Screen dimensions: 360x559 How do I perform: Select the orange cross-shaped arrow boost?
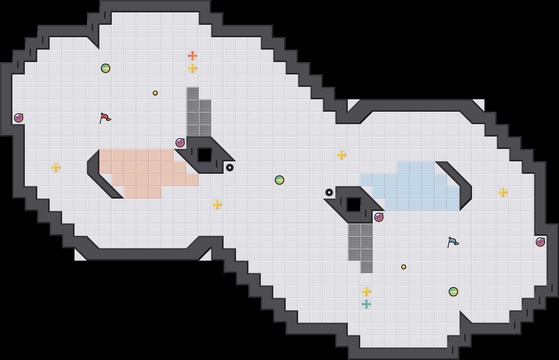click(193, 56)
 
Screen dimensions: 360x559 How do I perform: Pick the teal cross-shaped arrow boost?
click(366, 304)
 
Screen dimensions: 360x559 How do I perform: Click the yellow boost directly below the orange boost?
click(193, 68)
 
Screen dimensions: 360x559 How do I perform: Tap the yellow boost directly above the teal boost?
click(366, 292)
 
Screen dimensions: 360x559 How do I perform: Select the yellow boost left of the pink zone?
click(56, 168)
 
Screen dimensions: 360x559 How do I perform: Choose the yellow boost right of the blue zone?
click(503, 192)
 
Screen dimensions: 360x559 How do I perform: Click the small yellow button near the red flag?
click(155, 93)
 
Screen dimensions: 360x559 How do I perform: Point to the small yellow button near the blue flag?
click(404, 267)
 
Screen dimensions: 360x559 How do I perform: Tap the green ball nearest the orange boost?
click(106, 68)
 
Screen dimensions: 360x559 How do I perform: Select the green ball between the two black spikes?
click(279, 180)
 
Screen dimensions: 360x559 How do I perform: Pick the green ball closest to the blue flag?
click(453, 292)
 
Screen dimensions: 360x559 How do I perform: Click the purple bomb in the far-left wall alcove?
click(19, 118)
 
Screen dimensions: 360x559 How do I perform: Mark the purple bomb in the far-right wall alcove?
click(540, 242)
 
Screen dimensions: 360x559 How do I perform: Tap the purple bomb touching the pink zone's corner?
click(180, 143)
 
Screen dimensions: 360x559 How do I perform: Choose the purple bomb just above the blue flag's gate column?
click(379, 217)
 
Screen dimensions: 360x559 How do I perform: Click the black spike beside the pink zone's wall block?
click(230, 168)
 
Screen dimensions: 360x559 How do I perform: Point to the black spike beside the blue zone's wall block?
click(329, 192)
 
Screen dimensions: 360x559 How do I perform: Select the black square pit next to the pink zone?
click(205, 155)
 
